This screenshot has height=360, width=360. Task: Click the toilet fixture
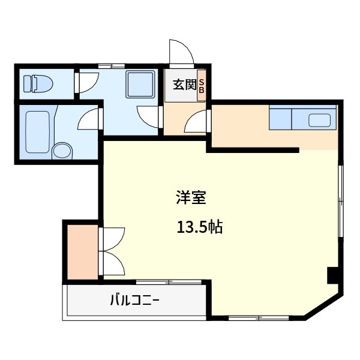coord(38,84)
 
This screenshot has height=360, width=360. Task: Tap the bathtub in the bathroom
coord(38,132)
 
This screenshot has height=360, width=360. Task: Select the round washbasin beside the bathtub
coord(62,151)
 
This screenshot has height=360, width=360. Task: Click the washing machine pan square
coord(140,84)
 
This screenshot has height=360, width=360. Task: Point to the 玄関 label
coord(185,85)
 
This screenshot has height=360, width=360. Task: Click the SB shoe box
coord(202,85)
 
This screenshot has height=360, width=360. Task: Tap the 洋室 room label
coord(191,197)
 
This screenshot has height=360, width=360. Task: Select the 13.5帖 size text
coord(200,227)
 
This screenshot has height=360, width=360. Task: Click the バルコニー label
coord(135,300)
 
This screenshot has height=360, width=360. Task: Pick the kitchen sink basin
coord(319,121)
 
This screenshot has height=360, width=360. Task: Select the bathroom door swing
coord(89,119)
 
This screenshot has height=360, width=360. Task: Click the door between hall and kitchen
coord(197,121)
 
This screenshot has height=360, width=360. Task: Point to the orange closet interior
coord(83,252)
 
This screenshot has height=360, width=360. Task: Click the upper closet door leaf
coord(112,239)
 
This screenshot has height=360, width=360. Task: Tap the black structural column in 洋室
coord(332,275)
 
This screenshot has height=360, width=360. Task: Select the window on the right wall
coord(341,201)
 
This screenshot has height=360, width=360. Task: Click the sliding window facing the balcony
coord(169,282)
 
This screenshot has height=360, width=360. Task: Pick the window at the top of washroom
coord(112,66)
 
